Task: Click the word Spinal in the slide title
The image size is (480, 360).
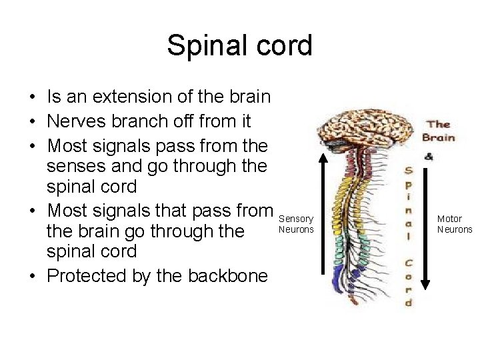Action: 204,46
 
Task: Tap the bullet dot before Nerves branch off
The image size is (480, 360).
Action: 32,122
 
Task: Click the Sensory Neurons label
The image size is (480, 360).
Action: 296,224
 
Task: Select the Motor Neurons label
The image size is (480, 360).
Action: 454,224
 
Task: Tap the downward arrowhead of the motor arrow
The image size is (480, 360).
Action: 427,284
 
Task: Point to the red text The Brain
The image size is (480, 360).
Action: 439,131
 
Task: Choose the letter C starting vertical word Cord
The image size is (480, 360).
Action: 407,262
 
